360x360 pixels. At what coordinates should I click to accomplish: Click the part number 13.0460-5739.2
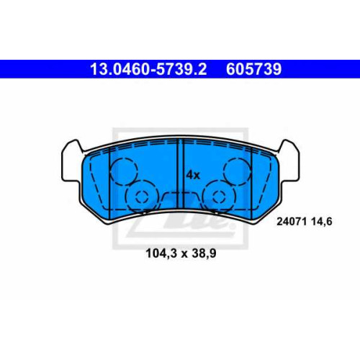tap(148, 69)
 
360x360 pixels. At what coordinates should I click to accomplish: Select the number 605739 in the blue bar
tap(253, 69)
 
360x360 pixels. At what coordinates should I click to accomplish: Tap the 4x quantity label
tap(193, 175)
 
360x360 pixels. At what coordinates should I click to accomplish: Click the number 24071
tap(292, 221)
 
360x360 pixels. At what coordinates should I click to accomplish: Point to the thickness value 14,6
tap(322, 222)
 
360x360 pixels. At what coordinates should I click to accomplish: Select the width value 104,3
tap(161, 253)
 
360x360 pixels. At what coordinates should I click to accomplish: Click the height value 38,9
tap(204, 253)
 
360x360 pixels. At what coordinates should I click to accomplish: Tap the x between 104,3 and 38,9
tap(184, 254)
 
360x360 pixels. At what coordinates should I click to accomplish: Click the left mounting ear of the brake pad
tap(72, 161)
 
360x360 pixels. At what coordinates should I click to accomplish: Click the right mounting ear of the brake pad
tap(289, 161)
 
